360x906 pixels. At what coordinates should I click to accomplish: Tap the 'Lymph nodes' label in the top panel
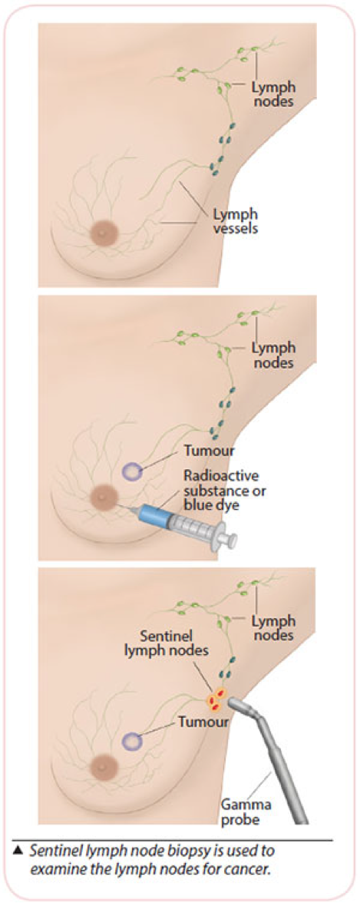click(273, 94)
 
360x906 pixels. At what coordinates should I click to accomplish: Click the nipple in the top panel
click(104, 233)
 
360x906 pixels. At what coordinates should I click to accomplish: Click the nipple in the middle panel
click(104, 496)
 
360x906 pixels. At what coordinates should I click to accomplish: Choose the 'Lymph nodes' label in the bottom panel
click(273, 627)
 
